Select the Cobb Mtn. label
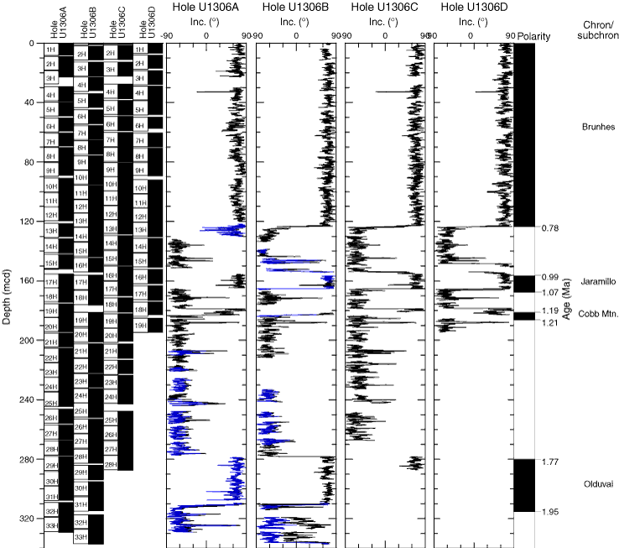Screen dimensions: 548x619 (598, 313)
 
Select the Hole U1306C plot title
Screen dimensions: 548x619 (383, 8)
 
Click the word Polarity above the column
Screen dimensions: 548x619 (533, 38)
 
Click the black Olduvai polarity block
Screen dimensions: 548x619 (524, 485)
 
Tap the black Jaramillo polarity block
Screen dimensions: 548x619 (524, 284)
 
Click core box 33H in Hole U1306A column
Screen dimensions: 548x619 (52, 526)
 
